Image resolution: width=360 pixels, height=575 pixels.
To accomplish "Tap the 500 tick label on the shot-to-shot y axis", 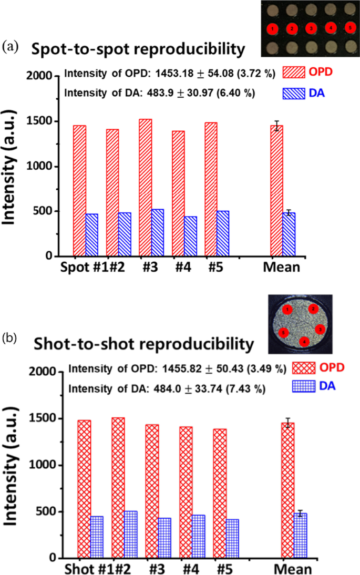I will [x=46, y=512].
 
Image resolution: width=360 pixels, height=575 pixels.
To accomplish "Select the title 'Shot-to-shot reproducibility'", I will [x=142, y=345].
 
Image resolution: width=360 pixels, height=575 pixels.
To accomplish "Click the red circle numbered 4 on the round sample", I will [x=303, y=342].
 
